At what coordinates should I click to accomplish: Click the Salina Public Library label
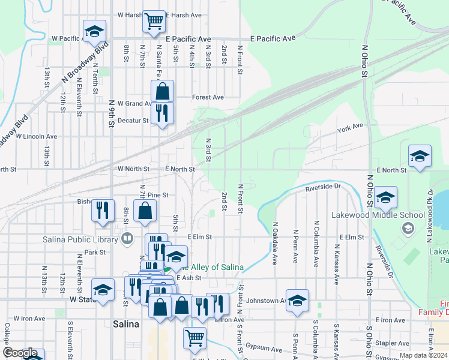pos(81,240)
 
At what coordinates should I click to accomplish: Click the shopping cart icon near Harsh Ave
pos(154,21)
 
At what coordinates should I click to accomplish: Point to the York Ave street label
pos(351,127)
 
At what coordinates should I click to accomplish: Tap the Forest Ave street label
pos(208,97)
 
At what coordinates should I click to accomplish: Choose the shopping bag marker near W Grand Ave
pos(162,92)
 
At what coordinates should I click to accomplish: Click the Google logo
pos(19,353)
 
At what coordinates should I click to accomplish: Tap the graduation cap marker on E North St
pos(420,157)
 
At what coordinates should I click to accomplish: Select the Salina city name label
pos(126,324)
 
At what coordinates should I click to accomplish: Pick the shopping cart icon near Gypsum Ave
pos(194,338)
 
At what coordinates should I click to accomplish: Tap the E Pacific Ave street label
pos(273,38)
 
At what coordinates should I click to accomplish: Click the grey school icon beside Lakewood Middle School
pos(408,227)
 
